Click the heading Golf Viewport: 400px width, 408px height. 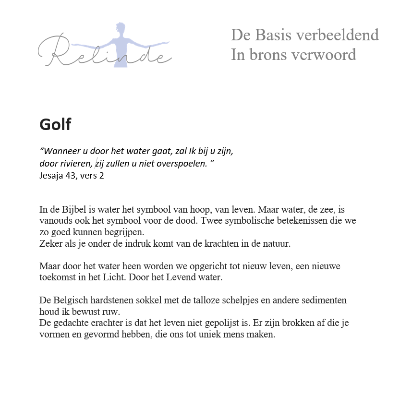(x=55, y=125)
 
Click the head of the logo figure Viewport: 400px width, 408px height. (x=120, y=29)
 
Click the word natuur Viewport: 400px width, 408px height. (x=276, y=244)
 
